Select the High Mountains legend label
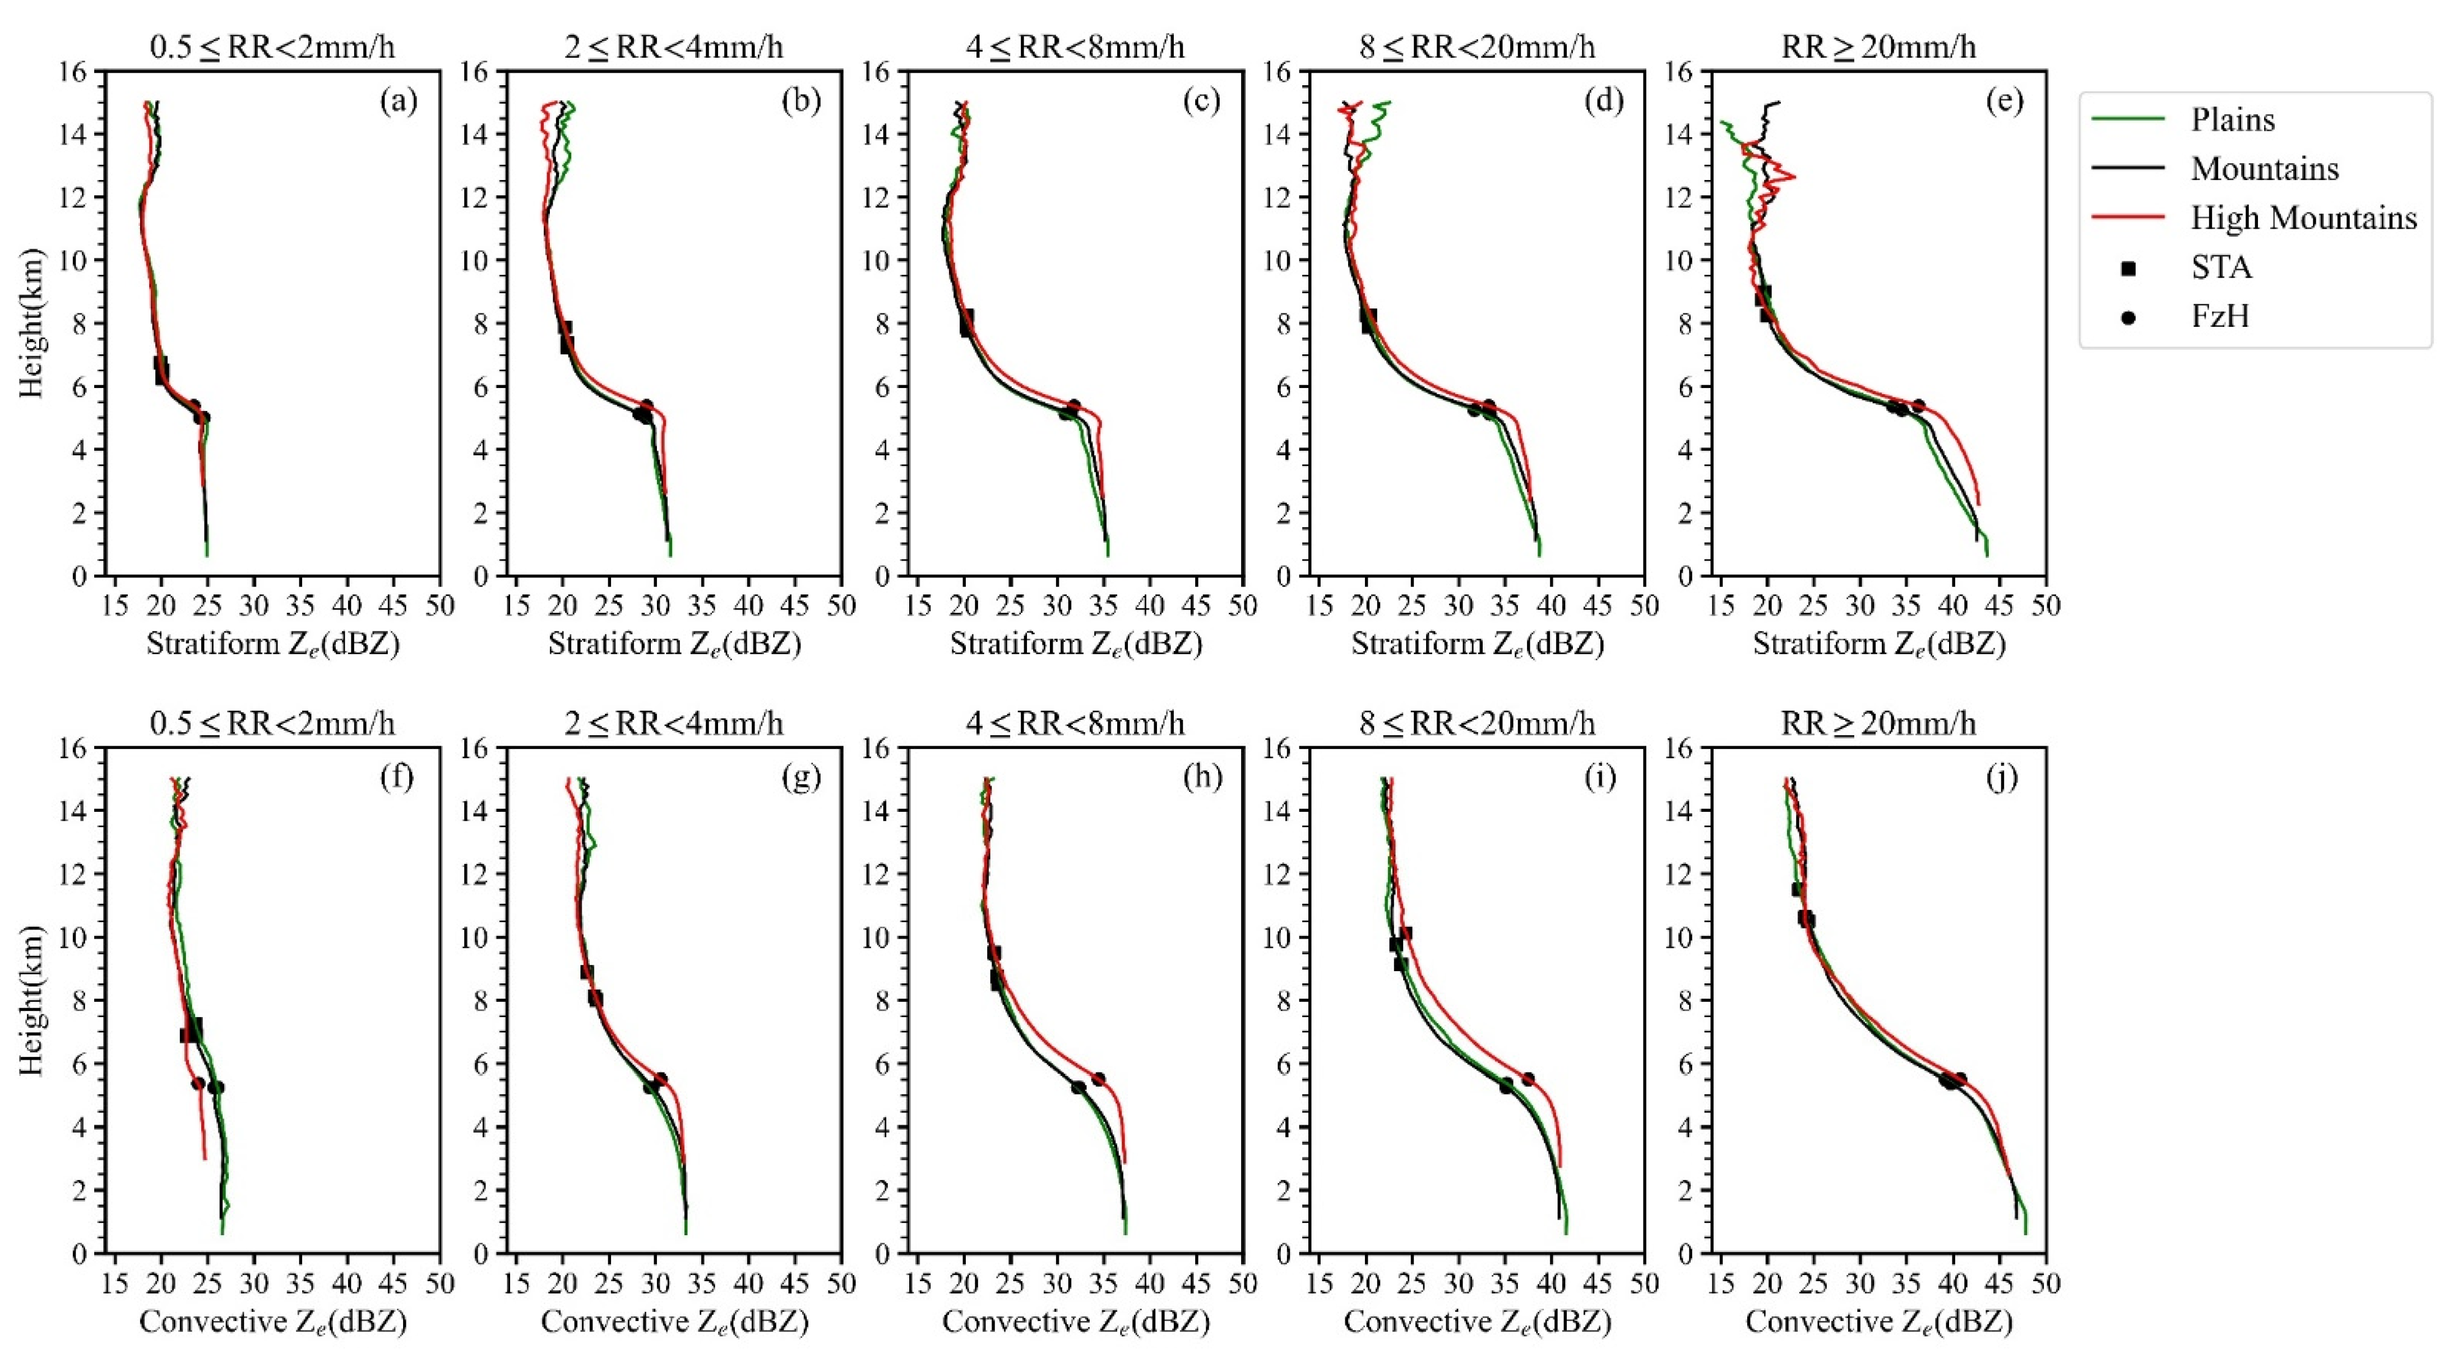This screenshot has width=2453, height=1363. point(2303,218)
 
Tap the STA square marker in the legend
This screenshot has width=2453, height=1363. point(2128,267)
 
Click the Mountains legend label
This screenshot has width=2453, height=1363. point(2265,169)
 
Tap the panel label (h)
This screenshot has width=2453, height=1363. point(1202,778)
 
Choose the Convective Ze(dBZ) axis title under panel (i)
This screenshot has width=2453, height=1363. point(1477,1322)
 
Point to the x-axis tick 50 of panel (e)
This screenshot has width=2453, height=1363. point(2045,606)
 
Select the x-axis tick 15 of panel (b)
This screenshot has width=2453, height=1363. point(516,606)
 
